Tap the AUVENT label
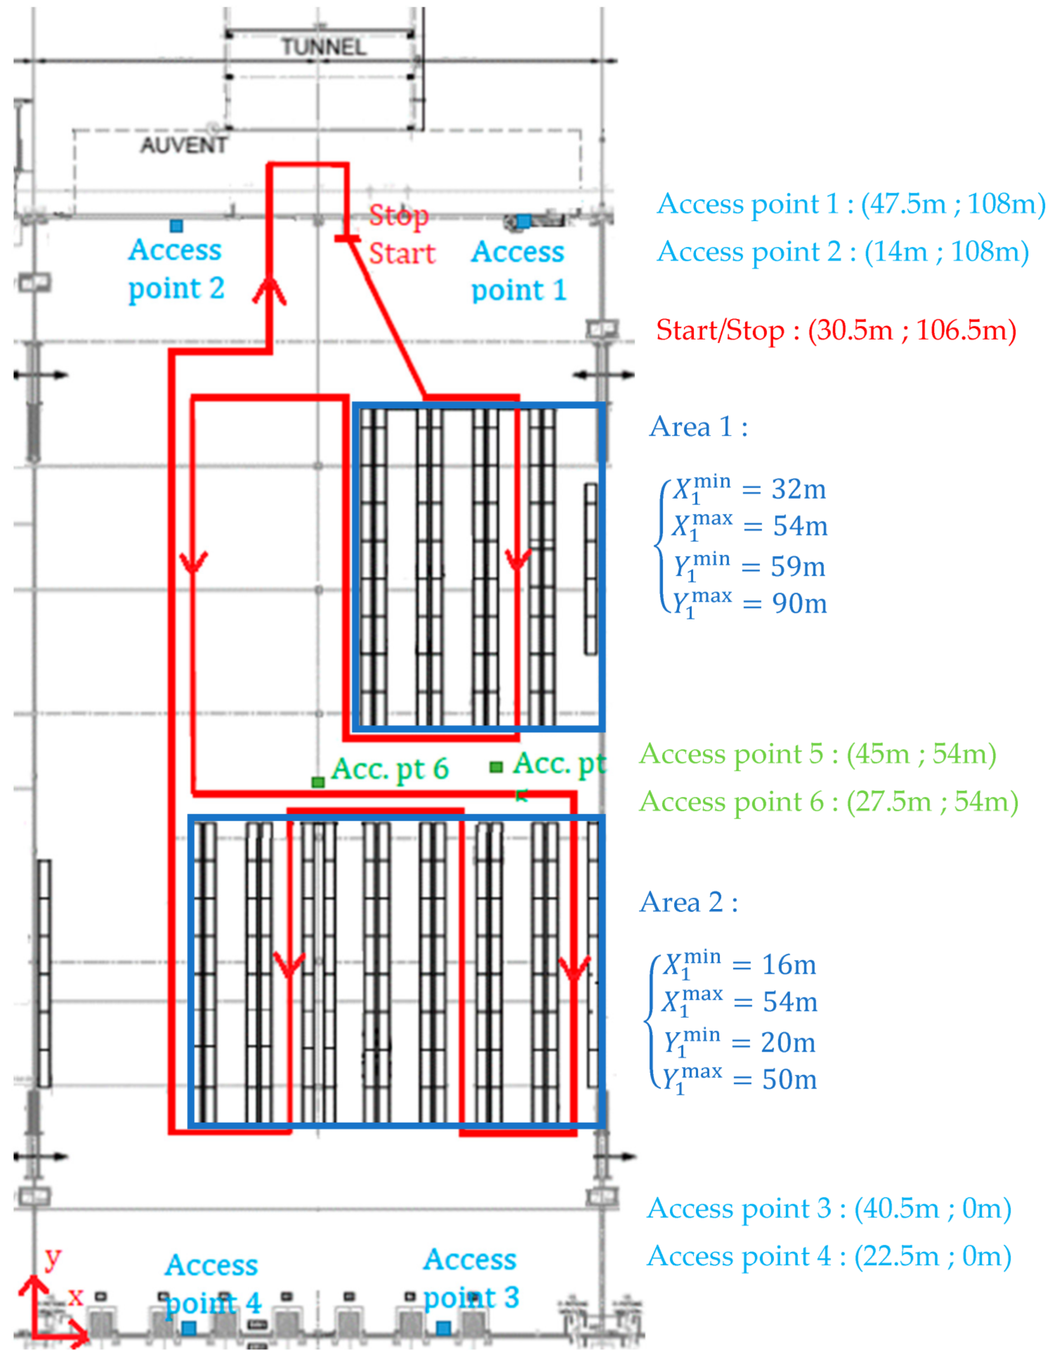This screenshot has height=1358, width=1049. pos(184,145)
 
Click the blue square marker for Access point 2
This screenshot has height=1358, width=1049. pos(176,226)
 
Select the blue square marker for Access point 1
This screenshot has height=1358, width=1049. pos(524,221)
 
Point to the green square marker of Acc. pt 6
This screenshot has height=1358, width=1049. pos(318,782)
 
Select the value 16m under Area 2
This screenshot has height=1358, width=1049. pos(789,965)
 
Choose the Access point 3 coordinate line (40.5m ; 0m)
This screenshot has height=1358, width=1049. pos(829,1208)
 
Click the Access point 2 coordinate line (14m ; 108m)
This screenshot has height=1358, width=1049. pos(843,252)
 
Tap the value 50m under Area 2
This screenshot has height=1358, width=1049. pos(789,1079)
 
